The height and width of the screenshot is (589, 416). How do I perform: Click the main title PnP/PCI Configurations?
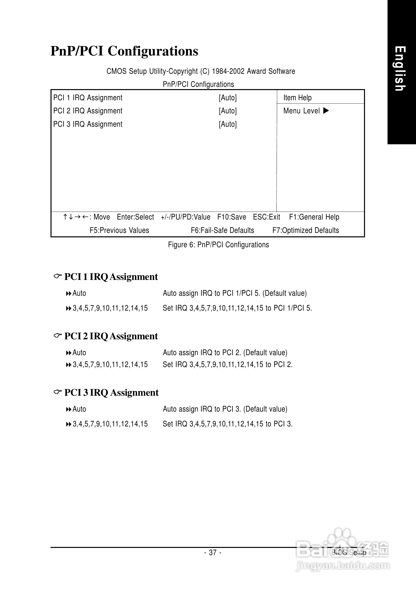click(x=124, y=51)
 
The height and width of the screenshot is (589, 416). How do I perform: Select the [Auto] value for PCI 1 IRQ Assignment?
click(x=228, y=98)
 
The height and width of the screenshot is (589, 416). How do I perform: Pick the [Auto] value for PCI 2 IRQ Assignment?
click(x=228, y=111)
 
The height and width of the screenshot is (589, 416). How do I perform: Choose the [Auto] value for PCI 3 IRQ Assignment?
click(x=228, y=124)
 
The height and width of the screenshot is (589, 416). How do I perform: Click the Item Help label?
click(x=297, y=98)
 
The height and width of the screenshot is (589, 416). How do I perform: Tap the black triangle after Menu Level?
click(x=326, y=111)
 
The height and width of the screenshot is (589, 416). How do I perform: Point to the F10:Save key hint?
click(x=232, y=217)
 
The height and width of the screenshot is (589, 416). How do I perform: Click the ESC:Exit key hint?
click(x=266, y=217)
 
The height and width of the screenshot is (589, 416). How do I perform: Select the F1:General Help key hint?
click(x=314, y=217)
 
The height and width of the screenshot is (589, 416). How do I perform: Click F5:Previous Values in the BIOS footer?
click(x=119, y=230)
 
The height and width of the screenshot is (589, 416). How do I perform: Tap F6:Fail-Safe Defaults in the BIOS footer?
click(x=222, y=230)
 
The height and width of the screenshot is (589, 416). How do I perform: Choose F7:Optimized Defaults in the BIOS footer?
click(x=306, y=230)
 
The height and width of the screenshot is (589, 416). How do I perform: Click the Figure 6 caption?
click(x=218, y=245)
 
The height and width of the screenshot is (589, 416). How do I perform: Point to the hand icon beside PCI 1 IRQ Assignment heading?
click(x=57, y=276)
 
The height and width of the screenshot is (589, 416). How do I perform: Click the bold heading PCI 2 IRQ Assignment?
click(x=111, y=336)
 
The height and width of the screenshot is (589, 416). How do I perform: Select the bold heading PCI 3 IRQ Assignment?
click(x=111, y=393)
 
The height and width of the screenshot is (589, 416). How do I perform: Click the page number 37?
click(x=213, y=552)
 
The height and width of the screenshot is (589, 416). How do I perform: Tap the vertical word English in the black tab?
click(x=400, y=69)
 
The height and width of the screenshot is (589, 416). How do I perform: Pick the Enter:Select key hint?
click(x=135, y=217)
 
